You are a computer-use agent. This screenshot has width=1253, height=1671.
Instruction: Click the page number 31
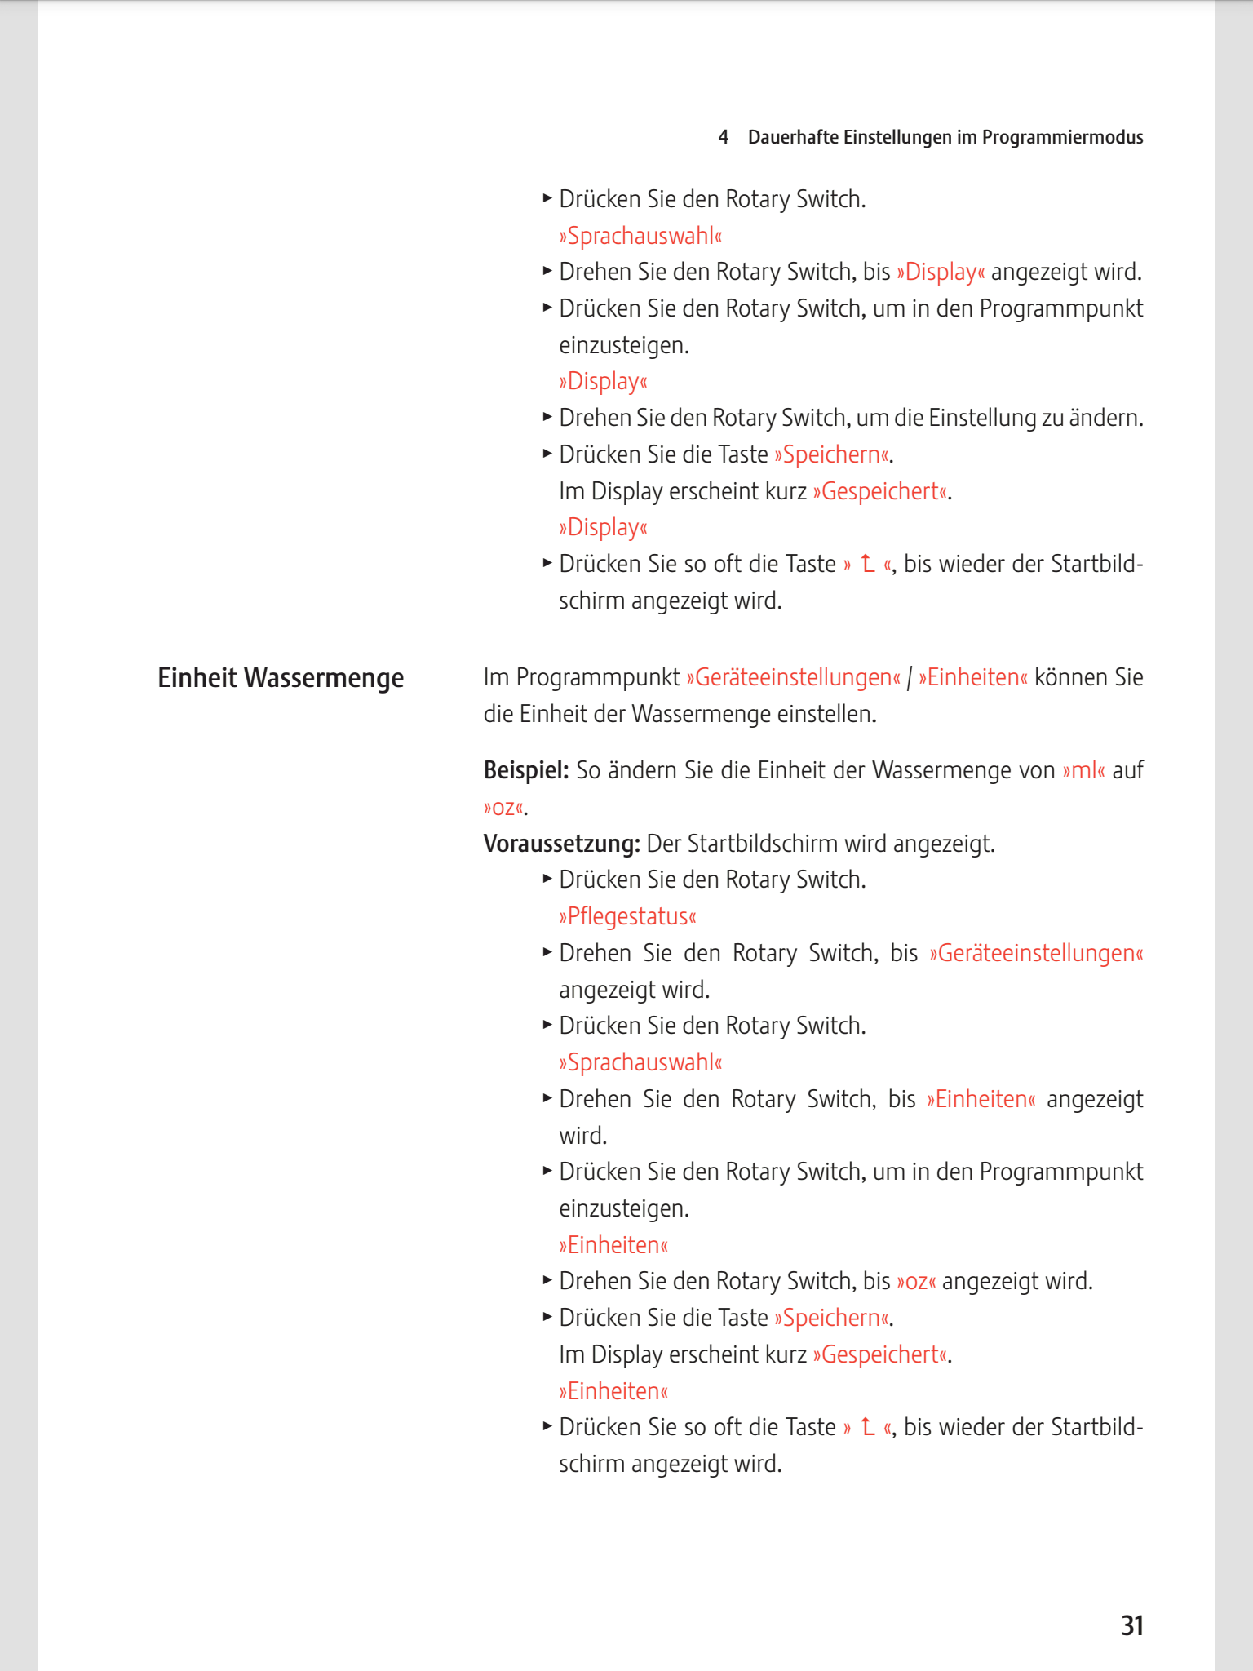point(1131,1625)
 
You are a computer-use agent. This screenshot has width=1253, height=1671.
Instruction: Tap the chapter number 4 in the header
point(723,137)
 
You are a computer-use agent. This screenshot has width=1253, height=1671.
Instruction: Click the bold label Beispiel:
point(525,770)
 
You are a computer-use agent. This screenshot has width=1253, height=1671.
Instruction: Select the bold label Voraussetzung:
point(561,843)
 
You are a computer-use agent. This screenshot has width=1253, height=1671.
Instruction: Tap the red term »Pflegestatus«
point(627,916)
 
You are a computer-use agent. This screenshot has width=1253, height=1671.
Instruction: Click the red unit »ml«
point(1083,770)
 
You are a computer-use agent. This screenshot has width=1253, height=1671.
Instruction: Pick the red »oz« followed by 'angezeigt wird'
point(916,1281)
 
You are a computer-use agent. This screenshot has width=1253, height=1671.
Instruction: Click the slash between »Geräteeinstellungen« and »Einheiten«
point(910,677)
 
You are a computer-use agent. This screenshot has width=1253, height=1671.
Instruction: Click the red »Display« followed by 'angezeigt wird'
point(940,272)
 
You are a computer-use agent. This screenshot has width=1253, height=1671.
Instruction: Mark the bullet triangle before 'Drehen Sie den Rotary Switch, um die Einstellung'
point(547,417)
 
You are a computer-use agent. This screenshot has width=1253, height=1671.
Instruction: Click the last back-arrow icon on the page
point(867,1427)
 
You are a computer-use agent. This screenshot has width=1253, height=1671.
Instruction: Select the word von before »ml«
point(1037,770)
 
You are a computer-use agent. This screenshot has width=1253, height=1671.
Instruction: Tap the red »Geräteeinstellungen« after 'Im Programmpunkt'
point(793,677)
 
